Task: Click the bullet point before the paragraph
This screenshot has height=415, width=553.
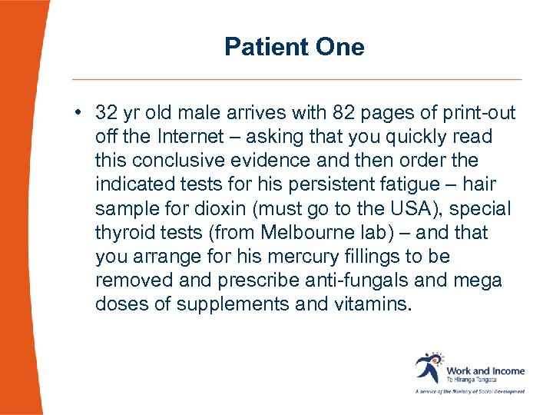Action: coord(80,114)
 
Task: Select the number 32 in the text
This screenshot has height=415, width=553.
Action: coord(106,114)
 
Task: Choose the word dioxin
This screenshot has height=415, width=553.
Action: coord(211,209)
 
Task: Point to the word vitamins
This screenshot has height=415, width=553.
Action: coord(370,304)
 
